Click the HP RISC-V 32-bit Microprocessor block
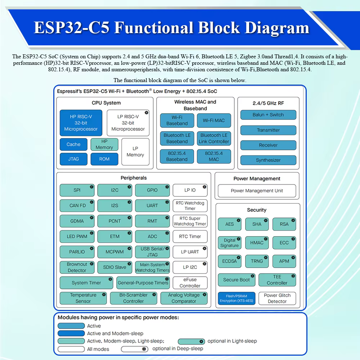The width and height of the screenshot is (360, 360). click(x=81, y=122)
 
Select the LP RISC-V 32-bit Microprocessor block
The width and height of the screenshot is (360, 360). click(x=128, y=123)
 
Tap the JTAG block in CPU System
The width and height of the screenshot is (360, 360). click(x=73, y=159)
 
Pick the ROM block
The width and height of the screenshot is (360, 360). click(x=104, y=159)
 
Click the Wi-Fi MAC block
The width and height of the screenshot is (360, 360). click(x=213, y=120)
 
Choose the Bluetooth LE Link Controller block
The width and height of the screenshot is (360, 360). click(x=213, y=138)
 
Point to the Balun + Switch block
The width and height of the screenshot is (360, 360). click(x=268, y=115)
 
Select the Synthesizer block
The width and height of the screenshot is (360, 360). click(x=268, y=160)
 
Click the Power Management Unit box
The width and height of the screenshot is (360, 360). click(x=257, y=191)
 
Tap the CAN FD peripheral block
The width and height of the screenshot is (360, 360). click(x=77, y=206)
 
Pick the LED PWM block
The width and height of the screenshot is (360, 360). click(x=77, y=237)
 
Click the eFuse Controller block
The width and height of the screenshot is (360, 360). click(x=190, y=283)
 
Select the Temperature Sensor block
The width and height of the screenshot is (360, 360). click(x=83, y=298)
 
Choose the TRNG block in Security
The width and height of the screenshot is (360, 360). click(x=257, y=261)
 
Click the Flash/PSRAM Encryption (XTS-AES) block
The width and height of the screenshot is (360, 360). click(x=236, y=298)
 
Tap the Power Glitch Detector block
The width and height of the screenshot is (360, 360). click(x=277, y=298)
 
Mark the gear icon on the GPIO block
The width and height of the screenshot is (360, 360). click(x=167, y=187)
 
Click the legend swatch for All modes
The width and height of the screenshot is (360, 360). click(x=71, y=349)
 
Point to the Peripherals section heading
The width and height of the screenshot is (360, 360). click(x=134, y=178)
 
